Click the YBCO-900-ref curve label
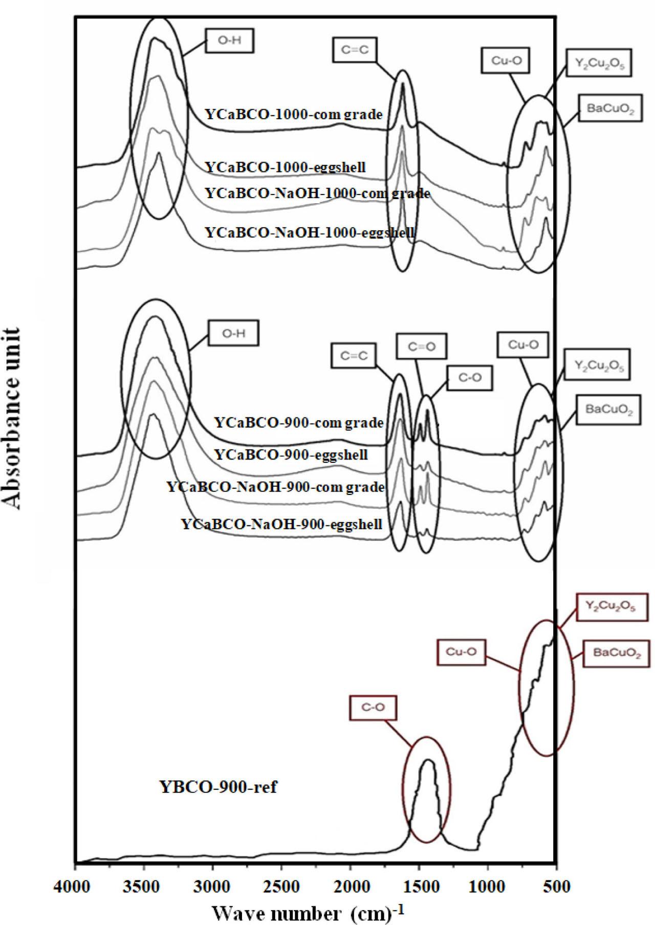point(219,786)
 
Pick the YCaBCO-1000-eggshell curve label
point(285,167)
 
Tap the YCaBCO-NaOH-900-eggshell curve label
point(281,525)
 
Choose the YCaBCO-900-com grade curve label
point(299,423)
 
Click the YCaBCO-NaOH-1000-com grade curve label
point(317,193)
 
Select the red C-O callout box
point(373,708)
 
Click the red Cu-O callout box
point(461,652)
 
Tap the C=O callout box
point(422,347)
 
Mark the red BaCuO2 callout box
point(617,653)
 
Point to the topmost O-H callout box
point(230,40)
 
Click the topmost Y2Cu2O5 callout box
point(599,63)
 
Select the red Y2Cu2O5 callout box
point(610,607)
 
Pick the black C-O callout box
point(470,378)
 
